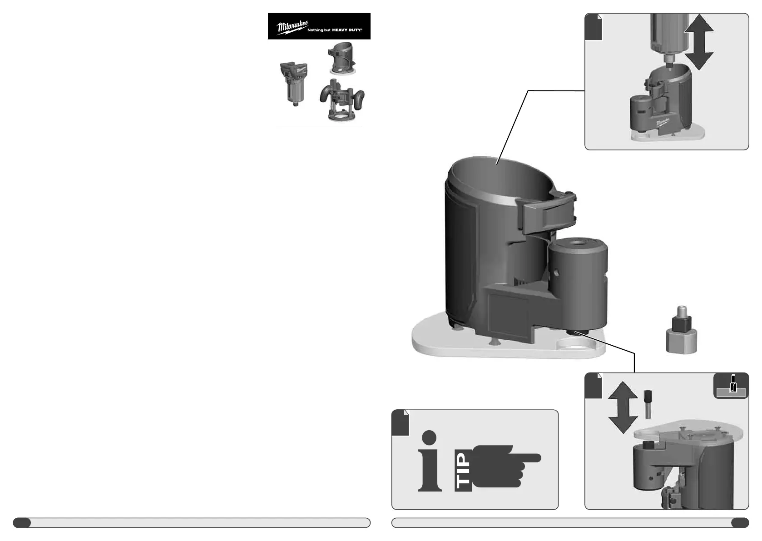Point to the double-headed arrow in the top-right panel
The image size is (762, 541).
tap(698, 42)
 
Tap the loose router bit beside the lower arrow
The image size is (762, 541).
tap(647, 404)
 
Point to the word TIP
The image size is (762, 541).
tap(463, 472)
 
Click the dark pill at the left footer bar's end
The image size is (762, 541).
tap(22, 523)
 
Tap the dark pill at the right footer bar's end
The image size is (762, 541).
tap(740, 523)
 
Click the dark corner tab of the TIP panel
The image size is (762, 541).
tap(400, 423)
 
